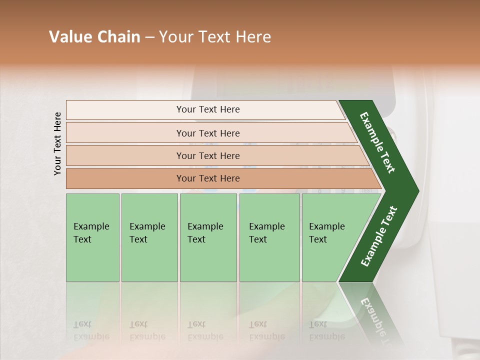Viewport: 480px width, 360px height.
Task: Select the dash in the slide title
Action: pyautogui.click(x=149, y=37)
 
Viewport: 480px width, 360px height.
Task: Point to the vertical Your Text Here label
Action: pyautogui.click(x=57, y=143)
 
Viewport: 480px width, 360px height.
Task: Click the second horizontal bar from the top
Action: pyautogui.click(x=208, y=133)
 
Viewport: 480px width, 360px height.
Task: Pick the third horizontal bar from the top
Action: pyautogui.click(x=208, y=155)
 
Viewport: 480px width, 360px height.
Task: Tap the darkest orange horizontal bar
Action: pyautogui.click(x=208, y=178)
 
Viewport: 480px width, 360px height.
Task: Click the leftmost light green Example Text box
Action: pyautogui.click(x=92, y=237)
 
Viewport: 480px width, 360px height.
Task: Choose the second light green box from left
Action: pyautogui.click(x=149, y=237)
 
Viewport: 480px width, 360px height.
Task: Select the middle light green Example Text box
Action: pyautogui.click(x=208, y=237)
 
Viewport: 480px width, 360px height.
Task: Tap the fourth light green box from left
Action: pyautogui.click(x=269, y=237)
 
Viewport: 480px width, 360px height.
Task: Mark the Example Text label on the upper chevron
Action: pyautogui.click(x=377, y=142)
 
